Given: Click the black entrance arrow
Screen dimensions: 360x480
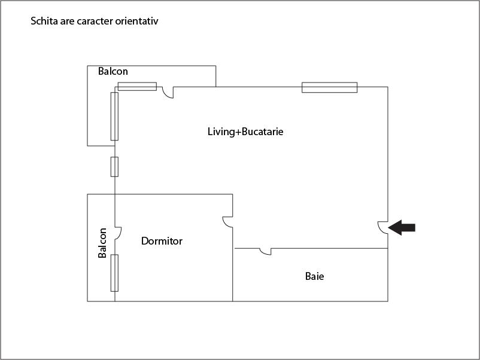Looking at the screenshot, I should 402,227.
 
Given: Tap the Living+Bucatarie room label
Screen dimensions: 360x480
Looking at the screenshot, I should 245,132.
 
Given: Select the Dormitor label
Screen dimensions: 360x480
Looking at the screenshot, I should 162,241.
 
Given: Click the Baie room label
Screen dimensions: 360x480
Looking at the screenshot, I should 315,276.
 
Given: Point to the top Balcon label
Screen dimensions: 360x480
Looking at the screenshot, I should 113,72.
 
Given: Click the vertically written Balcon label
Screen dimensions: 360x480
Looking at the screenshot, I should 103,243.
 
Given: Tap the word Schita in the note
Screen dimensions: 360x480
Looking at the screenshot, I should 44,22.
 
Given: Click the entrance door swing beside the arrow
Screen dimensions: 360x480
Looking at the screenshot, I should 383,227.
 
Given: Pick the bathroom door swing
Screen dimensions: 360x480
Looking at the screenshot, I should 266,251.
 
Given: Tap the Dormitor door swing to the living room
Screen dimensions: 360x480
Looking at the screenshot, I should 228,222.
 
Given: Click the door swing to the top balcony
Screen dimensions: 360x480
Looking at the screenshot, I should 168,92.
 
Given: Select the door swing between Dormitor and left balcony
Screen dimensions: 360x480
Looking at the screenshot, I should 118,233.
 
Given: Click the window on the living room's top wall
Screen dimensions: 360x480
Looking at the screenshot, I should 329,87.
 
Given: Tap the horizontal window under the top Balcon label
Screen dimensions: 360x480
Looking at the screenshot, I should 137,87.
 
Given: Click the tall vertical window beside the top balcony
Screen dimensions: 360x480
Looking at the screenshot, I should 114,116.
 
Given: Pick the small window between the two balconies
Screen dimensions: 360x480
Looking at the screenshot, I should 114,167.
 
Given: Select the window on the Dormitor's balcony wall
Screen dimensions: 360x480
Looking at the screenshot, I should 114,273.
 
